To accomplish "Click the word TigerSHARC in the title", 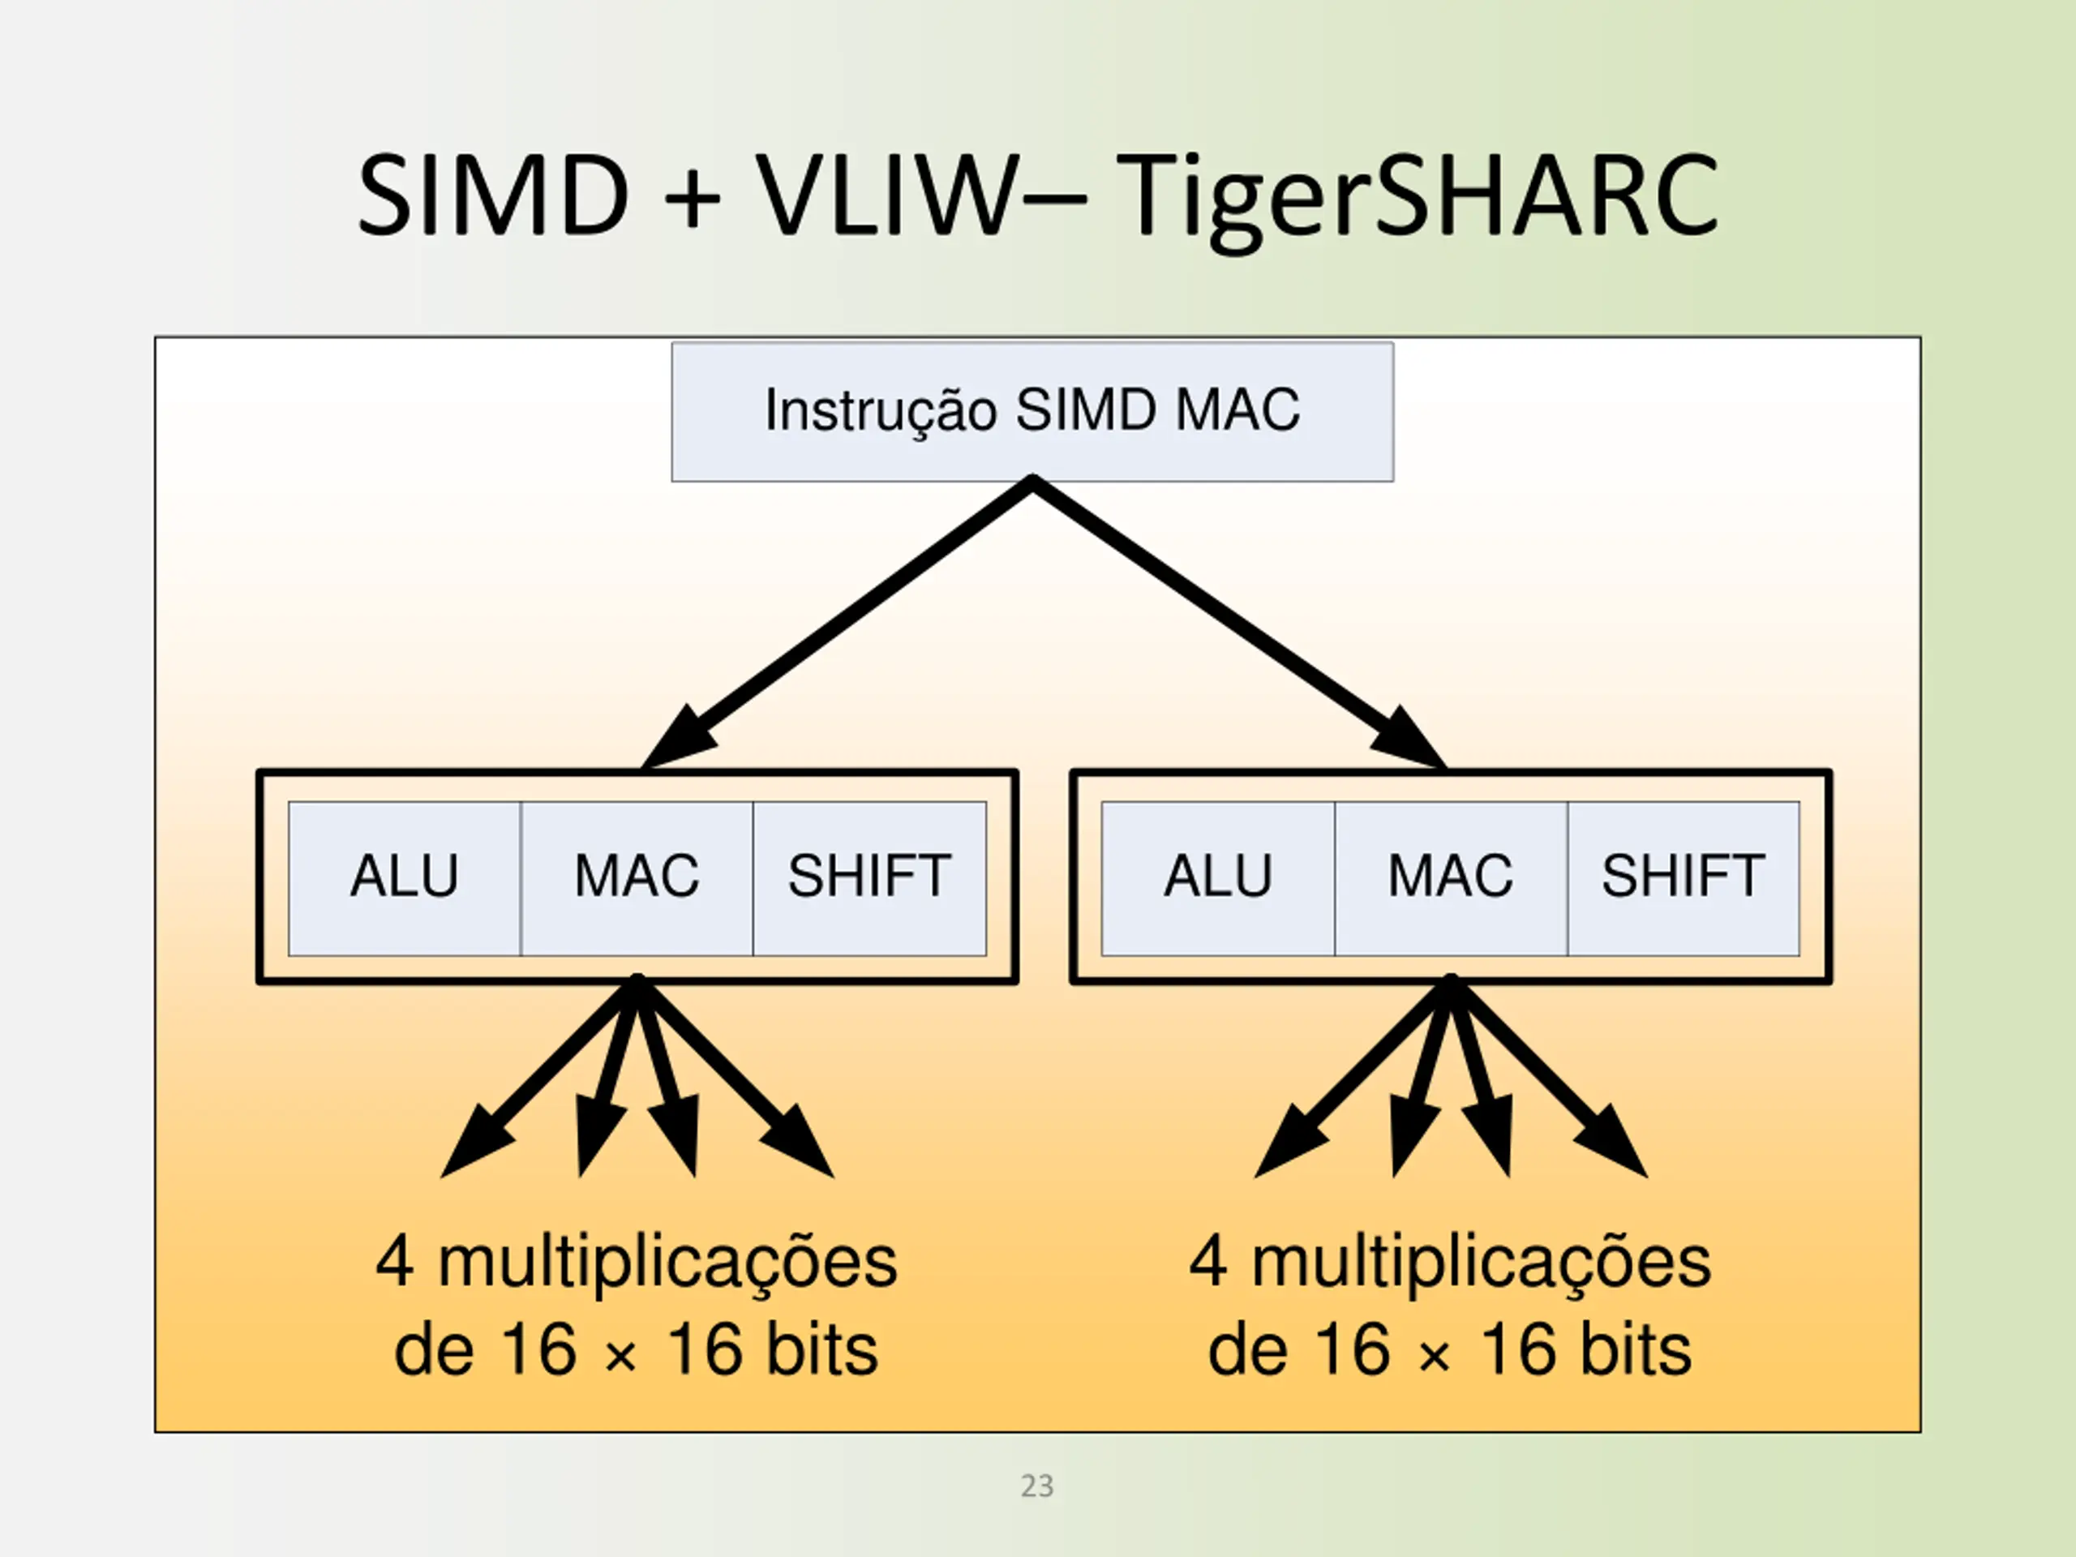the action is point(1418,197).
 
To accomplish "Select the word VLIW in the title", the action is point(887,197).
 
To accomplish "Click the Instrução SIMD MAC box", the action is point(1032,411).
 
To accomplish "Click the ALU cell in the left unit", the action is point(405,877).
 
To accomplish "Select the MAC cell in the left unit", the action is point(637,877).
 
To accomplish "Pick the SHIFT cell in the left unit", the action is point(869,877).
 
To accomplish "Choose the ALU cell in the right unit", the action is point(1218,877).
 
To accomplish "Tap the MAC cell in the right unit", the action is point(1450,877).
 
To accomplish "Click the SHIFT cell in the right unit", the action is point(1683,877).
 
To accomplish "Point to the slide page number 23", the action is point(1037,1486).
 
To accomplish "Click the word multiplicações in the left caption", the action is point(667,1263).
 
